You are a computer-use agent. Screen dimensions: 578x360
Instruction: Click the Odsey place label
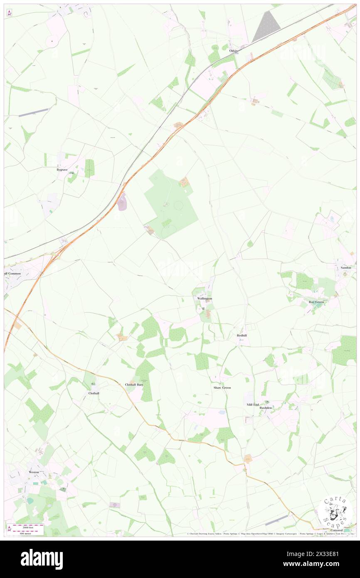coord(234,51)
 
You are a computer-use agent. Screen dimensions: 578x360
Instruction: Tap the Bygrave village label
coord(62,170)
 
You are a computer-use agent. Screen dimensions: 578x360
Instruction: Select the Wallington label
coord(202,299)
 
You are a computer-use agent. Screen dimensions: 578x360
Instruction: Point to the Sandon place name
coord(346,267)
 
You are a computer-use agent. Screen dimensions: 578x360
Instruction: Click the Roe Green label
coord(316,302)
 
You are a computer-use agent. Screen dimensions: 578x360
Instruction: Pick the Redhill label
coord(242,335)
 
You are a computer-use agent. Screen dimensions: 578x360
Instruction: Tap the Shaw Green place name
coord(222,388)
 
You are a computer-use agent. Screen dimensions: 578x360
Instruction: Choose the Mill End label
coord(252,404)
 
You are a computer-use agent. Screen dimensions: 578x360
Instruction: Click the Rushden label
coord(266,408)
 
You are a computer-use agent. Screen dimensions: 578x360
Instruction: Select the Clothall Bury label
coord(134,385)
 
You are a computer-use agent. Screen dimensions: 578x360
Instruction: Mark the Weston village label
coord(34,472)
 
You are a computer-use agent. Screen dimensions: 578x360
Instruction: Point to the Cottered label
coord(337,531)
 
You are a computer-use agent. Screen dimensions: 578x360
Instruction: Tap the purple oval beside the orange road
coord(122,204)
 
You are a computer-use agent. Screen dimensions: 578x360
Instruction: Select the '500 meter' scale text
coord(27,532)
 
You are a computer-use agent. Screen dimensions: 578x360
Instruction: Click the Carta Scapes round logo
coord(336,512)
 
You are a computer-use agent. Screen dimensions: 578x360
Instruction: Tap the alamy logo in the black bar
coord(42,559)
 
